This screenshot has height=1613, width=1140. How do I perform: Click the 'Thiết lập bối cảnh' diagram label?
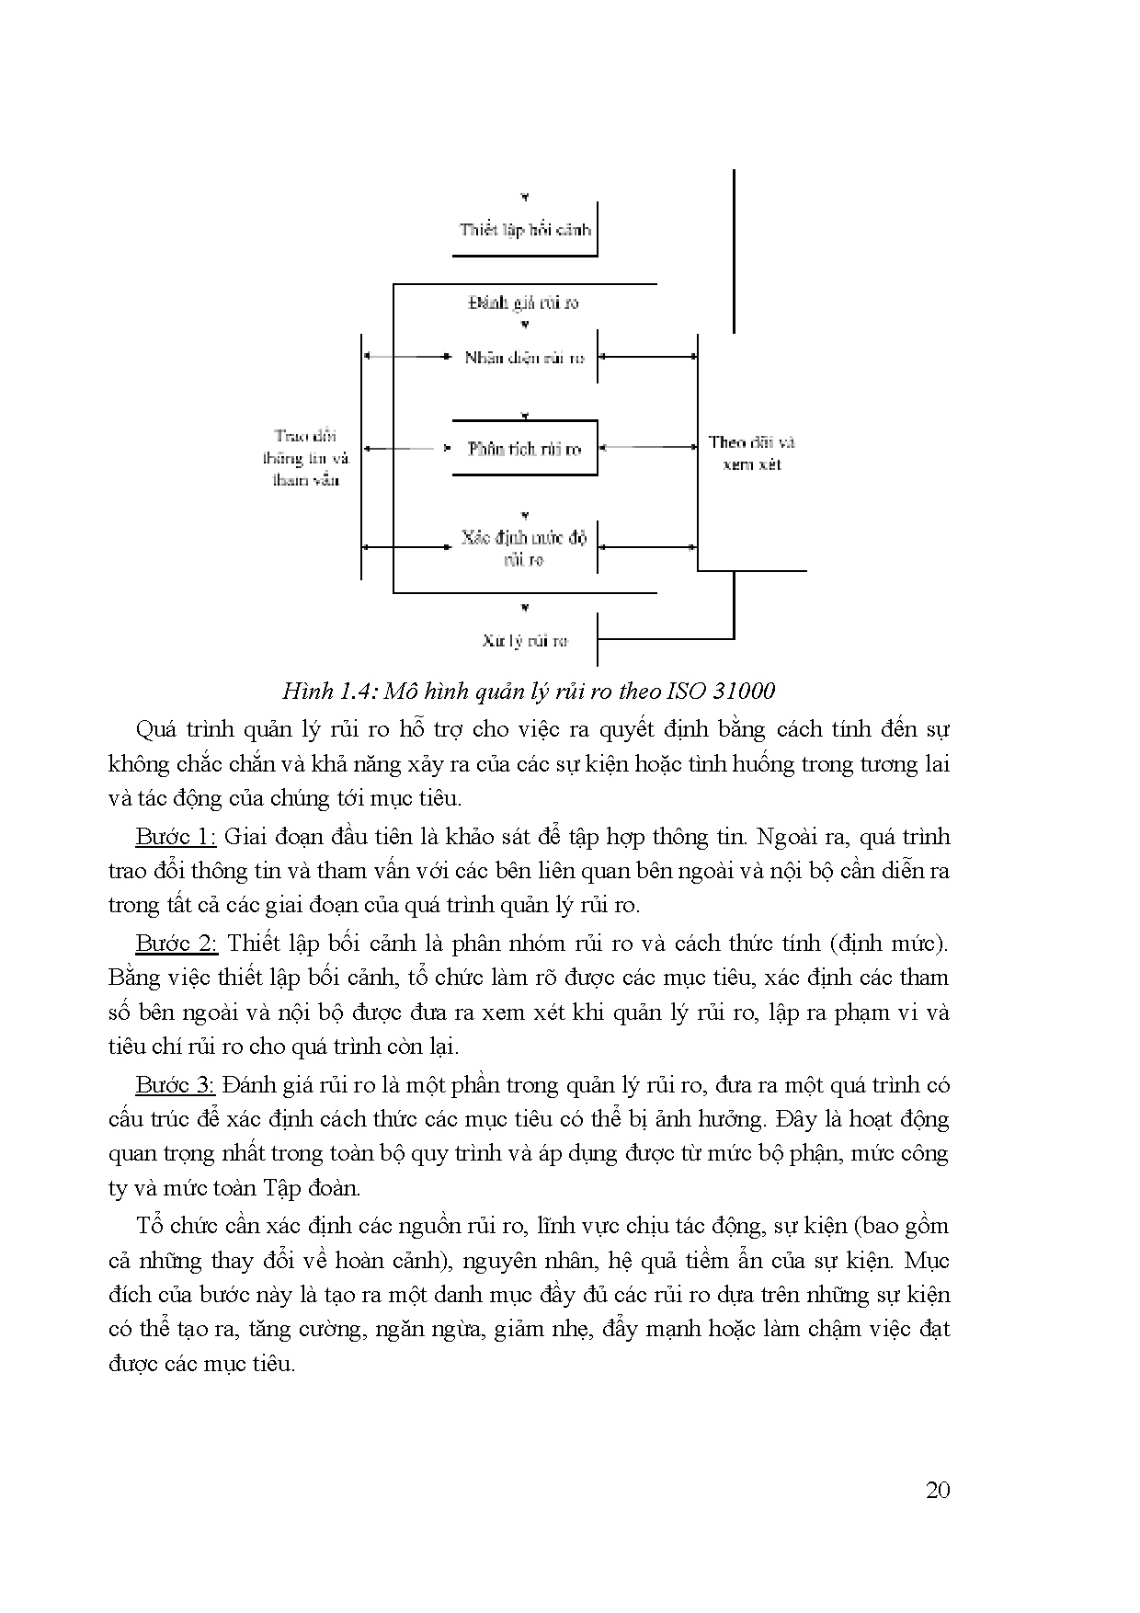click(x=525, y=229)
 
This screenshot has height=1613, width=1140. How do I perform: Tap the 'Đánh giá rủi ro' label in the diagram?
click(x=524, y=303)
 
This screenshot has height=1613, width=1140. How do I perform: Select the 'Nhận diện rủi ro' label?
click(x=524, y=358)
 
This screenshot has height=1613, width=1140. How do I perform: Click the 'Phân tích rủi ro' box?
click(x=524, y=449)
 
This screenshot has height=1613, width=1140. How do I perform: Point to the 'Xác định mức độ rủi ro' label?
click(x=524, y=548)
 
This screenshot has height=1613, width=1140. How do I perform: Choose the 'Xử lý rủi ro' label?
click(x=525, y=640)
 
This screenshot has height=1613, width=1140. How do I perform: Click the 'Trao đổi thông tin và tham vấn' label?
click(x=306, y=458)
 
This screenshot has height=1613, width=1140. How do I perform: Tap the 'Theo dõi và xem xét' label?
click(x=751, y=453)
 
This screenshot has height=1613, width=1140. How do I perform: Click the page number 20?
click(x=938, y=1490)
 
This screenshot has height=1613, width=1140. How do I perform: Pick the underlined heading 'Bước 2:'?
click(x=176, y=943)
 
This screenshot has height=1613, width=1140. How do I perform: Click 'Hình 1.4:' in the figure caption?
click(x=328, y=691)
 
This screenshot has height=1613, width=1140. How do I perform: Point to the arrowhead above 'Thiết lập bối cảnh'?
click(x=524, y=198)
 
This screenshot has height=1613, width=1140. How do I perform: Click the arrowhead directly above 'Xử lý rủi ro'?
click(x=524, y=608)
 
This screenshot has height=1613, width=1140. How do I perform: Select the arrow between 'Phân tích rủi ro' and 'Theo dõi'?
click(x=648, y=448)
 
